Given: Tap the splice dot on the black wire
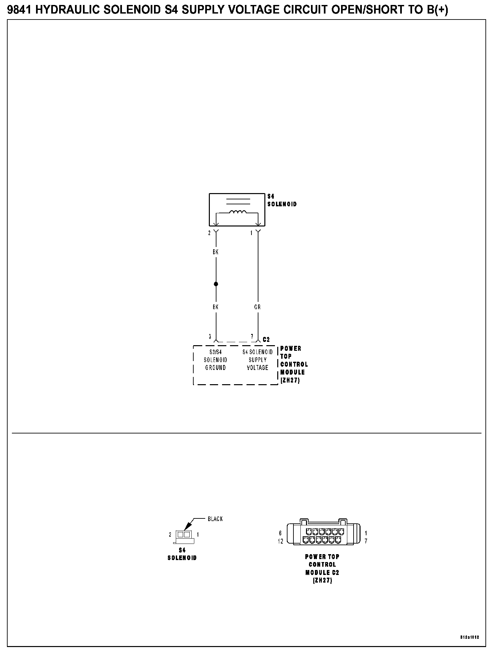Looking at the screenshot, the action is click(216, 284).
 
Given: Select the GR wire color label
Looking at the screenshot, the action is click(257, 307).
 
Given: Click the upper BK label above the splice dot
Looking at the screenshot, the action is click(215, 252).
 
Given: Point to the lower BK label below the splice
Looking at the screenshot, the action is click(215, 307).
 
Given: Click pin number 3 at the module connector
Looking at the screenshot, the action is click(210, 337).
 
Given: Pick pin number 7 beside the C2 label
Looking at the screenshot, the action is click(252, 337).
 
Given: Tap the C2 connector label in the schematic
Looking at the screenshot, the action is click(266, 340).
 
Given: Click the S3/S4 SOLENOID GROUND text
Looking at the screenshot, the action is click(215, 360).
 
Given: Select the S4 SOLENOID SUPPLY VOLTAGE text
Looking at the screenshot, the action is click(257, 360).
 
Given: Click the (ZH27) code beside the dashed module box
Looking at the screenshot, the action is click(290, 380).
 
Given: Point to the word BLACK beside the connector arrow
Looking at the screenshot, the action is click(215, 519).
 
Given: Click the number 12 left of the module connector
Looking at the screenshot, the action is click(281, 541).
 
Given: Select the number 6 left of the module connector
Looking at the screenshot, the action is click(280, 533).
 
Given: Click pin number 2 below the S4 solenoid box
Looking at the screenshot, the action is click(209, 233).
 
